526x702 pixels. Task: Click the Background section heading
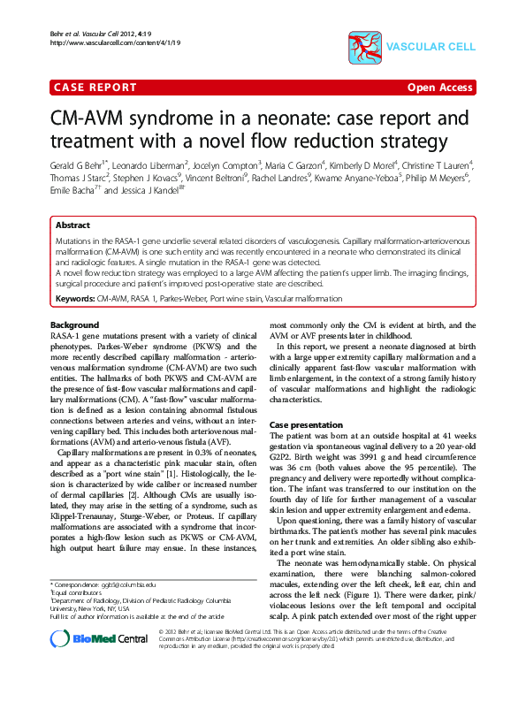(74, 325)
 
